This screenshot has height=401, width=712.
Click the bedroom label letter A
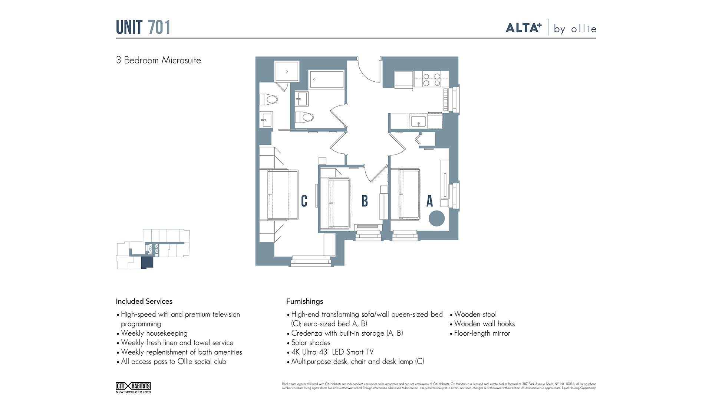429,201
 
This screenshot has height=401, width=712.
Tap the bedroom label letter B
365,201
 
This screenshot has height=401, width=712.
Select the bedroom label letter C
304,201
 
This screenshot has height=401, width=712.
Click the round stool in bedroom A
436,218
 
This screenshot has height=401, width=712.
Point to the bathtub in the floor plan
326,79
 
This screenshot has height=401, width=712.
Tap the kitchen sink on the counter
418,121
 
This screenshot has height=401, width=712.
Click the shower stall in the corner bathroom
287,71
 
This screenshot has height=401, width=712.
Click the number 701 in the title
159,27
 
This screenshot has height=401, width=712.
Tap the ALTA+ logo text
524,28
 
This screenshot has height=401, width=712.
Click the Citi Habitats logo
133,387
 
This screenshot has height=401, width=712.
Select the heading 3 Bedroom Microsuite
158,60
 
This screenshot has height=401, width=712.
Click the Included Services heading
144,301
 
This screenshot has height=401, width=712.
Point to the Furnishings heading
304,301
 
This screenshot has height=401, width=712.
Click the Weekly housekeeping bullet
154,333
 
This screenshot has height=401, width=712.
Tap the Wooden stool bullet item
475,314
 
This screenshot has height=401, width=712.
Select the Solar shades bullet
310,342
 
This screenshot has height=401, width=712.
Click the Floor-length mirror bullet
482,333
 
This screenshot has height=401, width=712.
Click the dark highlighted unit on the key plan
147,263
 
